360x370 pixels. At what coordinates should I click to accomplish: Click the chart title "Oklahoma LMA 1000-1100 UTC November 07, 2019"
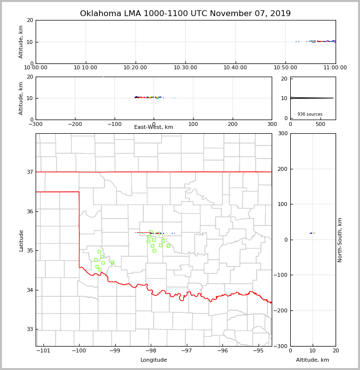click(185, 14)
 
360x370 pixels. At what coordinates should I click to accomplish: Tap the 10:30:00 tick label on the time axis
click(185, 68)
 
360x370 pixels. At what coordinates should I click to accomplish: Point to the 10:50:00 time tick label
click(285, 68)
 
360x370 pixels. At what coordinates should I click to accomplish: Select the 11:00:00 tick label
click(335, 68)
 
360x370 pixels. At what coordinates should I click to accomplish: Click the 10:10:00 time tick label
click(86, 68)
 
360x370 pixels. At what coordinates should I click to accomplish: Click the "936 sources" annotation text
click(310, 114)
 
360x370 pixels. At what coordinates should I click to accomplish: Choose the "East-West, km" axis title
click(154, 127)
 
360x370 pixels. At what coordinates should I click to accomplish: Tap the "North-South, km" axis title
click(340, 240)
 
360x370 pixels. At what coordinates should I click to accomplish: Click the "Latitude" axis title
click(21, 240)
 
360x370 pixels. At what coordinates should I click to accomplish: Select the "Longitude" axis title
click(154, 360)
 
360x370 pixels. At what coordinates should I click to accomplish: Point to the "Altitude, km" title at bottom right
click(313, 360)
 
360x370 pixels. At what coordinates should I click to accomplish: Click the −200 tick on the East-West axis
click(75, 124)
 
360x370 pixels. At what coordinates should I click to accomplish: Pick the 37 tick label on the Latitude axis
click(29, 172)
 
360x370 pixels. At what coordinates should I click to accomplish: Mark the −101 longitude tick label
click(43, 351)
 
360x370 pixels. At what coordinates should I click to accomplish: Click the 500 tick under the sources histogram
click(320, 124)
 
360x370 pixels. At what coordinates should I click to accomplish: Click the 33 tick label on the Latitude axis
click(29, 329)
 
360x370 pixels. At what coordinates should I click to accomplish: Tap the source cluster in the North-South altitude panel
click(312, 233)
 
